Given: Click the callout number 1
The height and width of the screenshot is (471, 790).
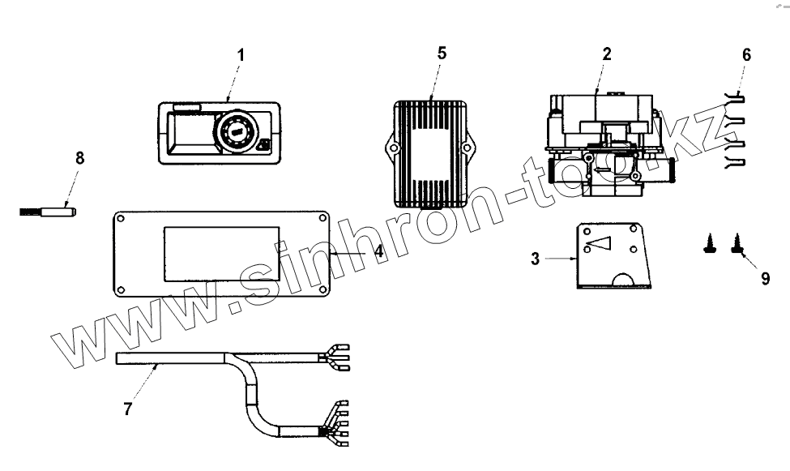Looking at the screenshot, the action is [x=240, y=54].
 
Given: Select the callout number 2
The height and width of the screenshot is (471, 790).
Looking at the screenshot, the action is [x=607, y=54].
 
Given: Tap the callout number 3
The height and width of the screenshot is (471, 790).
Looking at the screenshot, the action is [x=536, y=259].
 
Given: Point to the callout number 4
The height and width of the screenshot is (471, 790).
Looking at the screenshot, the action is [x=378, y=251].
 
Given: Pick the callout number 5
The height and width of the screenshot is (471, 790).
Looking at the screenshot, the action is [x=442, y=54].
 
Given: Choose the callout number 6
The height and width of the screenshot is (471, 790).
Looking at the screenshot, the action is [x=746, y=54].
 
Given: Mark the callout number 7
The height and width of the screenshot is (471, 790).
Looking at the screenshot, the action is [x=127, y=409].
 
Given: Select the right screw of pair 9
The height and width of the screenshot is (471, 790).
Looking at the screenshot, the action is [x=737, y=243].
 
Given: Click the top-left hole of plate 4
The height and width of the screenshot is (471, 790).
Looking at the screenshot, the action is [x=120, y=219].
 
